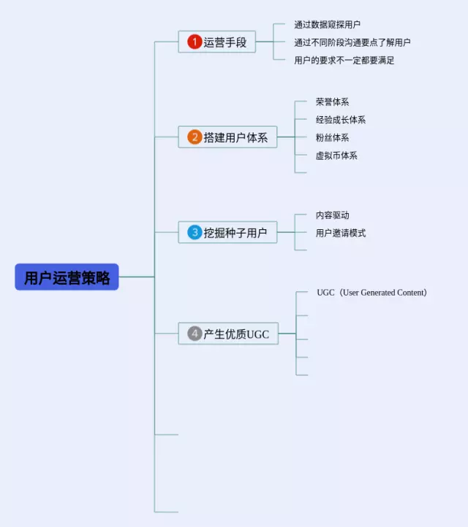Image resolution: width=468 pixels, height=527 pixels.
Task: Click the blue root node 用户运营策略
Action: pyautogui.click(x=67, y=277)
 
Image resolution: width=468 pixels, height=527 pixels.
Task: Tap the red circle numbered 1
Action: pyautogui.click(x=195, y=42)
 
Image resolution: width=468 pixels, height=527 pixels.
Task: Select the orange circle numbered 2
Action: pyautogui.click(x=195, y=137)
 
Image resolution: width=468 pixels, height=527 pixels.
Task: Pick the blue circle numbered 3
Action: pyautogui.click(x=195, y=232)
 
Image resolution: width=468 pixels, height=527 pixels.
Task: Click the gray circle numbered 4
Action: pyautogui.click(x=195, y=334)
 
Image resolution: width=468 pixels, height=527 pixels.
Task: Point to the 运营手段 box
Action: pyautogui.click(x=217, y=42)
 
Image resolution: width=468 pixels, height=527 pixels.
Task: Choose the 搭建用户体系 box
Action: pyautogui.click(x=227, y=137)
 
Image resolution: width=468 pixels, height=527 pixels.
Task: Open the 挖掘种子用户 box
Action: pyautogui.click(x=227, y=232)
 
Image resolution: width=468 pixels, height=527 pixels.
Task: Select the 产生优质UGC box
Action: pyautogui.click(x=228, y=334)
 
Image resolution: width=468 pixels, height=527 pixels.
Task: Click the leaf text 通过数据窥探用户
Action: pyautogui.click(x=328, y=25)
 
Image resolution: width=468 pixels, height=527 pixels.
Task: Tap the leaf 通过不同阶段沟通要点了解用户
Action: pyautogui.click(x=352, y=42)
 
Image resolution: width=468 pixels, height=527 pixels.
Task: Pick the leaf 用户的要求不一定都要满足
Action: pyautogui.click(x=344, y=60)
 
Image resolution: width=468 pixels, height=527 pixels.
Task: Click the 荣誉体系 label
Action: pyautogui.click(x=332, y=102)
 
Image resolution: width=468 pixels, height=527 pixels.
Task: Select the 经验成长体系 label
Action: pyautogui.click(x=341, y=120)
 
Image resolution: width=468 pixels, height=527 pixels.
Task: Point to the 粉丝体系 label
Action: pyautogui.click(x=332, y=137)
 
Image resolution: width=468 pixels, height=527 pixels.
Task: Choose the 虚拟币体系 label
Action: pyautogui.click(x=336, y=155)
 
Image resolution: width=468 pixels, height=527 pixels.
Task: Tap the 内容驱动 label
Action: pyautogui.click(x=332, y=215)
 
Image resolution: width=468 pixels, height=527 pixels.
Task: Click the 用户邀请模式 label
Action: pyautogui.click(x=341, y=233)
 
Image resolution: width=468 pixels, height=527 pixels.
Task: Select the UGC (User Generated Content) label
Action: pyautogui.click(x=371, y=293)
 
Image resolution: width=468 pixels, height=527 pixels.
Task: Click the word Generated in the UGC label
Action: pyautogui.click(x=378, y=293)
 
